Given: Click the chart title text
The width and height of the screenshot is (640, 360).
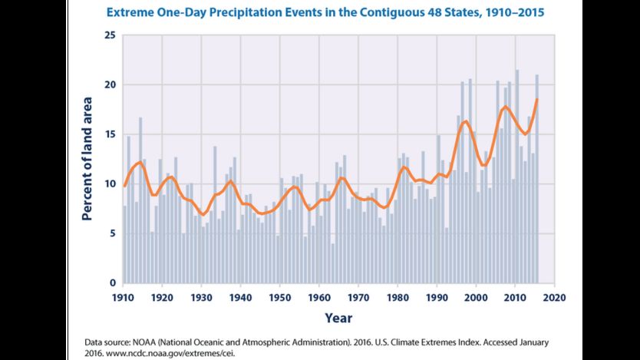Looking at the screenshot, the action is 325,12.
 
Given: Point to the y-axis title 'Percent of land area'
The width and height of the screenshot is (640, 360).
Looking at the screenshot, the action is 87,159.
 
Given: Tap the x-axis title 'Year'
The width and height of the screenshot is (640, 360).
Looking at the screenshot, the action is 338,318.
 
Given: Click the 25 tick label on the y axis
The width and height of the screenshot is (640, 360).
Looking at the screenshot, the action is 111,35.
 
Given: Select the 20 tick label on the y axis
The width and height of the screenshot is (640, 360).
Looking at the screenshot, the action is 111,85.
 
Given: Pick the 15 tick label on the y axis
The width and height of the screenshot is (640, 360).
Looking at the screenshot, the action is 111,134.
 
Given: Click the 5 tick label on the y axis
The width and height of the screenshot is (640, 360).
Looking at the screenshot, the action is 113,234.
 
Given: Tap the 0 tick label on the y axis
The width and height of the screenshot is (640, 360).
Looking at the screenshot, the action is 113,282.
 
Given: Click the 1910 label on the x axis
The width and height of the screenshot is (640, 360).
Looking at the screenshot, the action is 123,298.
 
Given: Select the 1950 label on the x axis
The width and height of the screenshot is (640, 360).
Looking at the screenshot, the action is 280,298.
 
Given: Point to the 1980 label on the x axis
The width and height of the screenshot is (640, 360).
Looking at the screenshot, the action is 398,298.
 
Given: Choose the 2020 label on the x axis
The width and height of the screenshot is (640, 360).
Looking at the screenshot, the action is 555,298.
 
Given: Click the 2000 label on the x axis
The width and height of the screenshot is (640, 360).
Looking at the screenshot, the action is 477,298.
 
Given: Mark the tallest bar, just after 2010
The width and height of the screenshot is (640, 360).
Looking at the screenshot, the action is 517,177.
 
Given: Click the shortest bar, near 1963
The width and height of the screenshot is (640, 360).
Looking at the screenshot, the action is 333,263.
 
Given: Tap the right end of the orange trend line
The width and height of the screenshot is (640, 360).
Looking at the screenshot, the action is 537,99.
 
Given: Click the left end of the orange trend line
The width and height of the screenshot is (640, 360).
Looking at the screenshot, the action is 124,186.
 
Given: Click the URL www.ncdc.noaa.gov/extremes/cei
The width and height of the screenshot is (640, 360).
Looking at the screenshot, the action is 170,353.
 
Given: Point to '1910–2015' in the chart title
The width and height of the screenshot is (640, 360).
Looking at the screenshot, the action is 515,12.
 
